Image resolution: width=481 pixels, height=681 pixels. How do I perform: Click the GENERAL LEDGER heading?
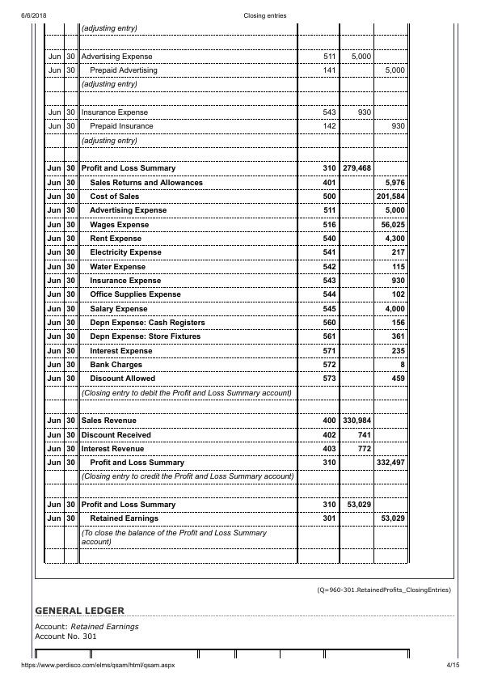[80, 608]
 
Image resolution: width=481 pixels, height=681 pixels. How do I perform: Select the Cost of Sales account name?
[114, 197]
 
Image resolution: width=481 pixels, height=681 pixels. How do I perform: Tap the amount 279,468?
[357, 168]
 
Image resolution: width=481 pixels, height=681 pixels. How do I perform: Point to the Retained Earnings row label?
[124, 518]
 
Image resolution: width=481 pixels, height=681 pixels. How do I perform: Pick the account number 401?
[329, 183]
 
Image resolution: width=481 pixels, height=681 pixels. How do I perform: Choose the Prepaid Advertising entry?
[124, 70]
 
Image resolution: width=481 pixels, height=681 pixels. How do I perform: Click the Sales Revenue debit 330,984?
[357, 421]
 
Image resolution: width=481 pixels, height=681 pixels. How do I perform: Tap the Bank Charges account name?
[116, 365]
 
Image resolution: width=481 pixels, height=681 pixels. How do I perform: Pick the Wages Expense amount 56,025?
[392, 224]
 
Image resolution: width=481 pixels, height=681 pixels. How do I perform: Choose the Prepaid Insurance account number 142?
[329, 126]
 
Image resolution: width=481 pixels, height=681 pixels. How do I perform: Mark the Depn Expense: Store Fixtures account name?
[147, 336]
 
